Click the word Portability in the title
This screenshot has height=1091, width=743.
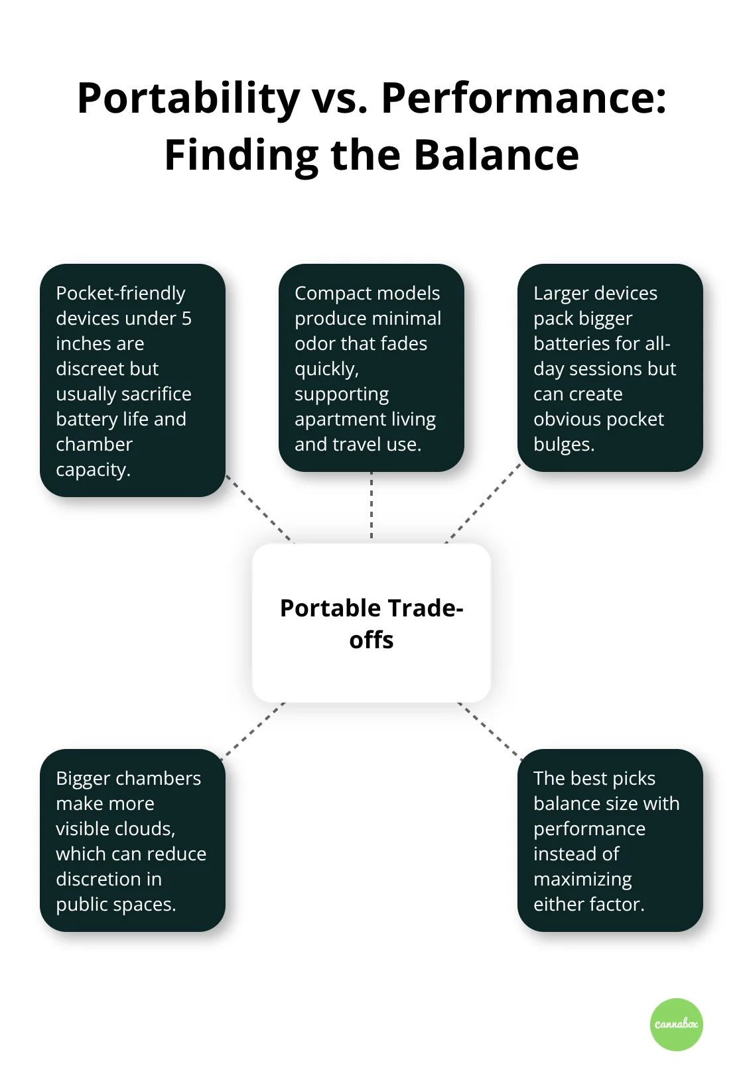pos(188,99)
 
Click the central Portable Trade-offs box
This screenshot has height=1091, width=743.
pos(371,623)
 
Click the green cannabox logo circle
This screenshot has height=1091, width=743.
pos(676,1024)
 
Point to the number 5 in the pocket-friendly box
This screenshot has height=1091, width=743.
pos(186,318)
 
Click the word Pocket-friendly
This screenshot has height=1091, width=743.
pos(120,293)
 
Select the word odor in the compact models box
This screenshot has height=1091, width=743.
pos(314,343)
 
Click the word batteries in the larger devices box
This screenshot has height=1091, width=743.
pos(574,343)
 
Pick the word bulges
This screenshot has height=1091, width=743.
pos(563,444)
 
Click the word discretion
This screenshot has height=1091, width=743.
pos(99,879)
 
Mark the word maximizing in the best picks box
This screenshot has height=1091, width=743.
pos(582,879)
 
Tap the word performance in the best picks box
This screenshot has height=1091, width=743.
pos(589,829)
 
